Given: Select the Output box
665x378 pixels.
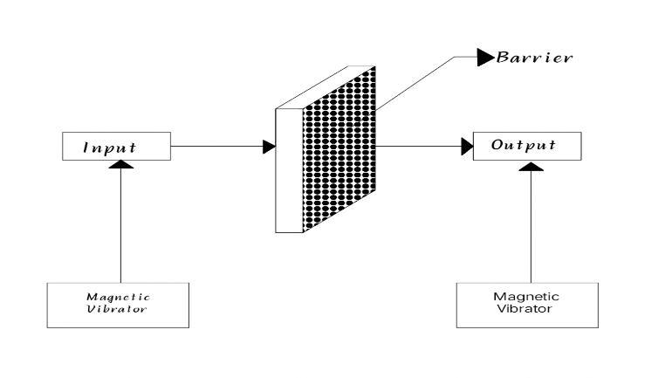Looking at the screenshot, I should pos(527,147).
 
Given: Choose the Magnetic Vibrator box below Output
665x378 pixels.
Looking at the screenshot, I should pos(526,303).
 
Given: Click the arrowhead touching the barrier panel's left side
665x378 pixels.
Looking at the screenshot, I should pos(269,148).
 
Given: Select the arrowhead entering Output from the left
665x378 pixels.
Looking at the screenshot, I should pos(466,148).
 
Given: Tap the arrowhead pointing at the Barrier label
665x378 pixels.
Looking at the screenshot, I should pos(485,58).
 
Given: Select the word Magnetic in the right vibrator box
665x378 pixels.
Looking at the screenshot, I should pos(526,297).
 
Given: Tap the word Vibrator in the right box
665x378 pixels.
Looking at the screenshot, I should pos(526,309).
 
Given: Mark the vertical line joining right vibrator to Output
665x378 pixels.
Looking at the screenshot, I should pos(527,227).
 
